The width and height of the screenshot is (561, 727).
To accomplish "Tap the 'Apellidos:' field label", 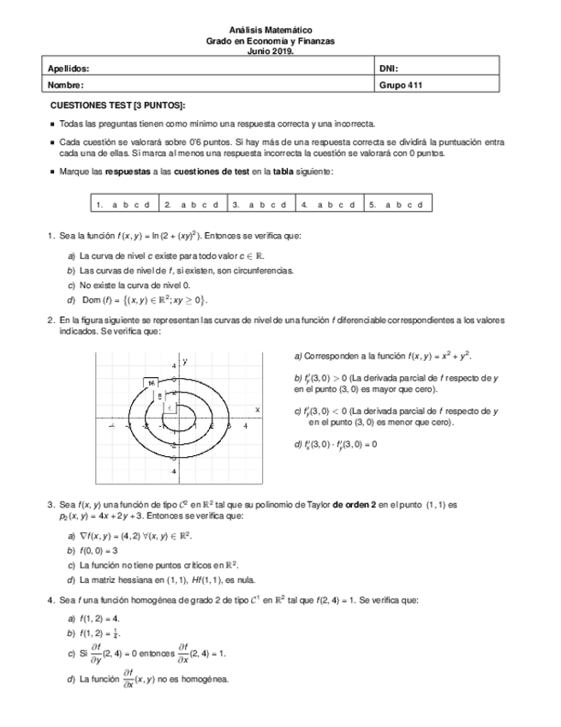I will click(x=69, y=68).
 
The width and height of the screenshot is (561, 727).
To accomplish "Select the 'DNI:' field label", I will click(x=389, y=68).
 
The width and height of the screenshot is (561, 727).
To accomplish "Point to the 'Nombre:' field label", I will click(x=66, y=85).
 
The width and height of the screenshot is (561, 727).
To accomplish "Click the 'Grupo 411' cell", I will click(x=401, y=85).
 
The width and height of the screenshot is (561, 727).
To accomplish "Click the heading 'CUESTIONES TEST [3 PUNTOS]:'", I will click(x=117, y=105).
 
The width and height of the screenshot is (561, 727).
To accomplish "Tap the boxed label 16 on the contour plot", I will click(x=151, y=382).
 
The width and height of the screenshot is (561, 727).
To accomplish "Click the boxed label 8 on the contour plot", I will click(x=160, y=394).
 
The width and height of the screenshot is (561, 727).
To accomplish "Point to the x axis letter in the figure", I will click(x=257, y=410).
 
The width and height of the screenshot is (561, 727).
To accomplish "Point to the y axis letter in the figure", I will click(x=184, y=362).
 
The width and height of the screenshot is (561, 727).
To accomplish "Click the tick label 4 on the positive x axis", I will click(x=246, y=425).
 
